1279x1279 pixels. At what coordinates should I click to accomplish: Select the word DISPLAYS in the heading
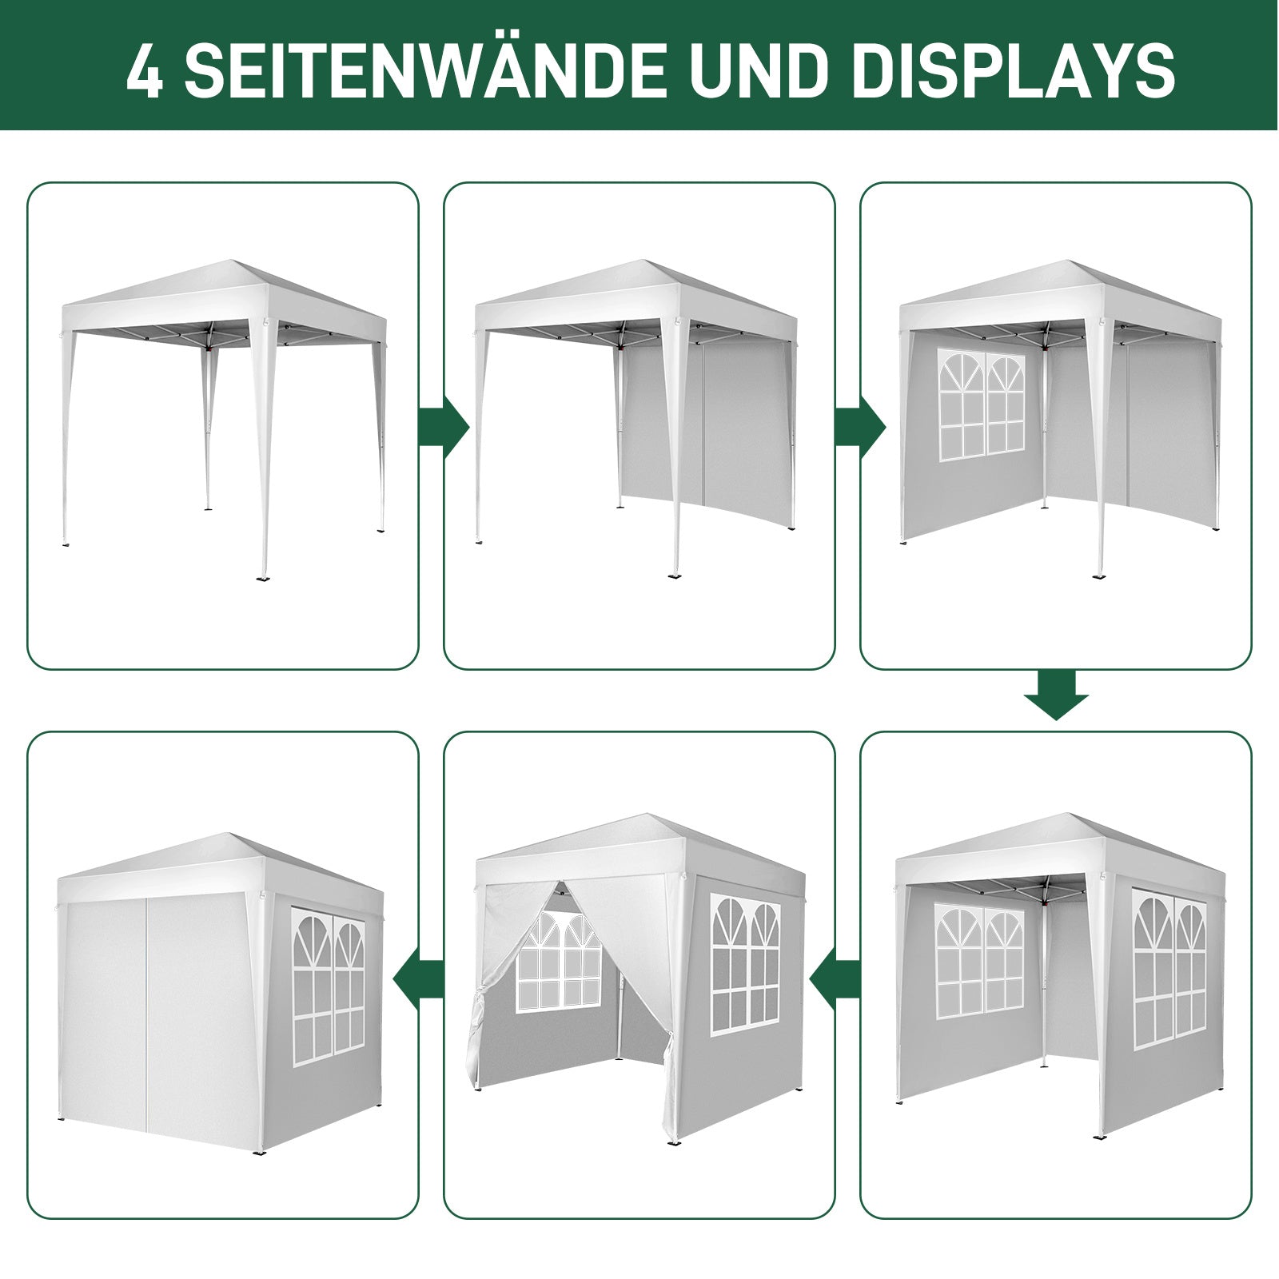click(1014, 71)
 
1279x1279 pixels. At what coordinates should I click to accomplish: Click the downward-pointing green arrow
click(1056, 695)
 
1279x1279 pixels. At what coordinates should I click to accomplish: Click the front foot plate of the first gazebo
click(263, 577)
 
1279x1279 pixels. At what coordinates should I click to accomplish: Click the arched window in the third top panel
click(982, 405)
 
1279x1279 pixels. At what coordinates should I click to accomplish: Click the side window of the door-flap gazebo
click(744, 965)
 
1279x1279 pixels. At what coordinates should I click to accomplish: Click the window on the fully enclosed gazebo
click(328, 986)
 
